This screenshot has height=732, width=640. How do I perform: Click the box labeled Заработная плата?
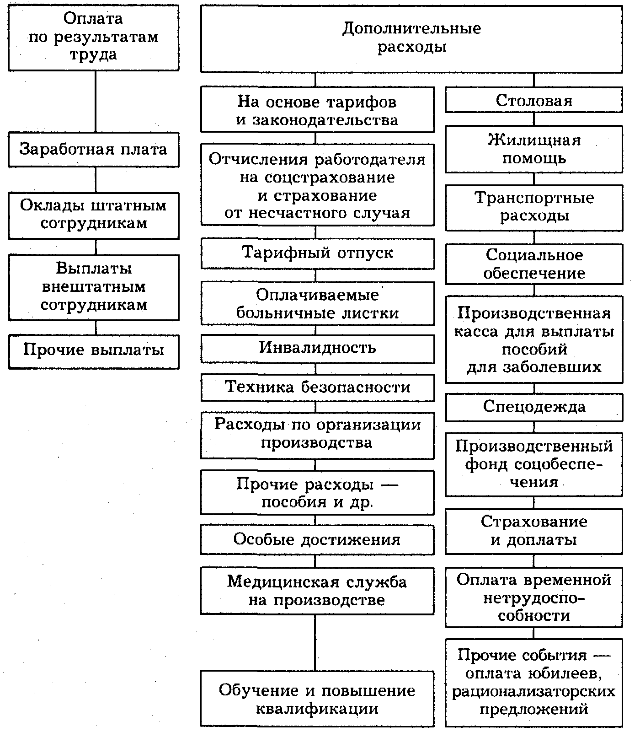point(93,150)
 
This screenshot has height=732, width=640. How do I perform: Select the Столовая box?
point(534,100)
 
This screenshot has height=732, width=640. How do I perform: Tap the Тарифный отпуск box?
point(317,253)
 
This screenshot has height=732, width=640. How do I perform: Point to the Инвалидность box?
point(317,348)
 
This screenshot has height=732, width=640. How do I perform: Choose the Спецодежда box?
point(534,407)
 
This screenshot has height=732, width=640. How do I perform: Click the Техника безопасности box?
point(317,388)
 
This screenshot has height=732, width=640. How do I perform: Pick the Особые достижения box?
point(317,539)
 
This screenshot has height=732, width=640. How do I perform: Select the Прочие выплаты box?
point(93,350)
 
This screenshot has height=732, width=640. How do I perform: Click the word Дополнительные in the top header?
point(411,29)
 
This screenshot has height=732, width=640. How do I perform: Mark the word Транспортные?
point(534,198)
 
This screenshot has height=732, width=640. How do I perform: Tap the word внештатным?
point(93,287)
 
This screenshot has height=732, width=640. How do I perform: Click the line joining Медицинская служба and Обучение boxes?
point(315,642)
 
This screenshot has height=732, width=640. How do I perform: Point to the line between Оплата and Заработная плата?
point(96,102)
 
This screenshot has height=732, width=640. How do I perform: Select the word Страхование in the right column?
point(534,522)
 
